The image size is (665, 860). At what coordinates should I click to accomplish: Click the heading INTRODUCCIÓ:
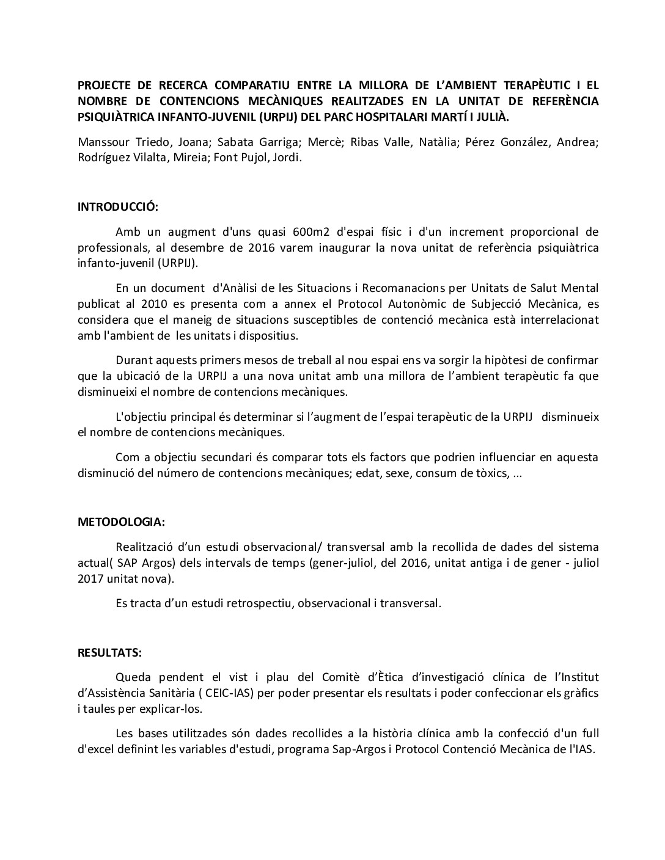(x=117, y=206)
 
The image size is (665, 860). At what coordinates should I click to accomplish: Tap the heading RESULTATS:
(x=109, y=652)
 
